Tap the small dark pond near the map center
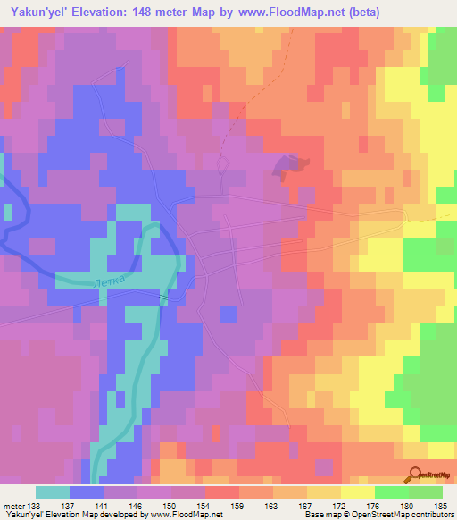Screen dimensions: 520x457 tap(291, 164)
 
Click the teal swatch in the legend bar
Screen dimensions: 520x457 tap(53, 493)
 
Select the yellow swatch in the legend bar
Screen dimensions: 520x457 tap(358, 493)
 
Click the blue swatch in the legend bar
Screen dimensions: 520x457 tap(87, 493)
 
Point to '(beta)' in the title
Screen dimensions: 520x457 tap(380, 13)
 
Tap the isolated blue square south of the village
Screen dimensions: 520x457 tap(228, 313)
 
